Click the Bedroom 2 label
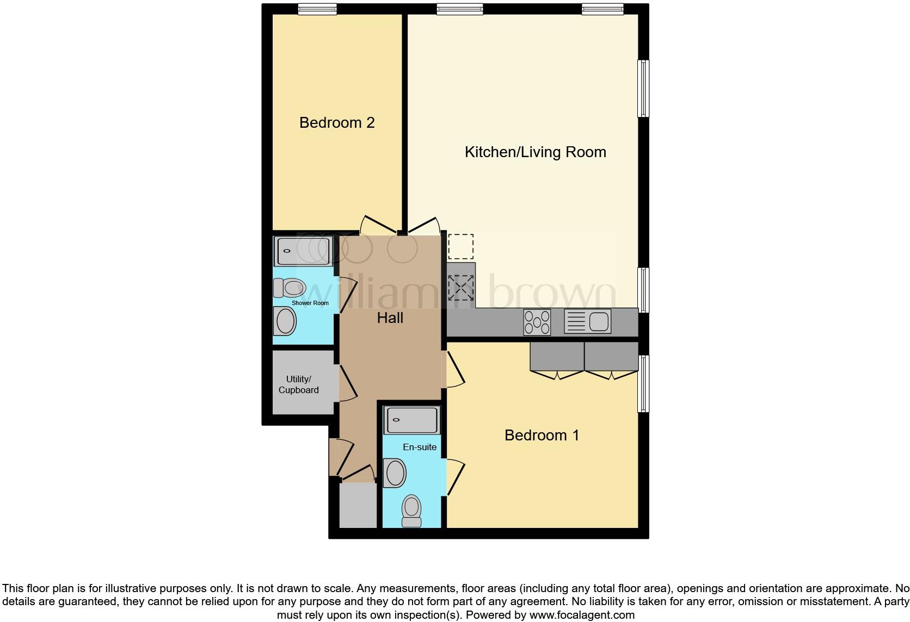337,123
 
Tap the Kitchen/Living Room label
535,152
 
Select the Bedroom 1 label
542,436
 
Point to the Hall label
390,318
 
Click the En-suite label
420,447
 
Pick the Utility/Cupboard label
299,385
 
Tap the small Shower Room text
310,303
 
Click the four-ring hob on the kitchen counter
537,322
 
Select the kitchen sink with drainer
587,321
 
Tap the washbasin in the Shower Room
285,321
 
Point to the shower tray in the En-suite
411,420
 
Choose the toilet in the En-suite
411,511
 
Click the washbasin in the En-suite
396,472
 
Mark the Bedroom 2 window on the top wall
317,9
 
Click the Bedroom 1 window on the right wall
643,383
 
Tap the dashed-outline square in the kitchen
460,247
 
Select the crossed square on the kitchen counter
460,288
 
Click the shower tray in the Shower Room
303,251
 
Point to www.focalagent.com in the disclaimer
582,615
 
